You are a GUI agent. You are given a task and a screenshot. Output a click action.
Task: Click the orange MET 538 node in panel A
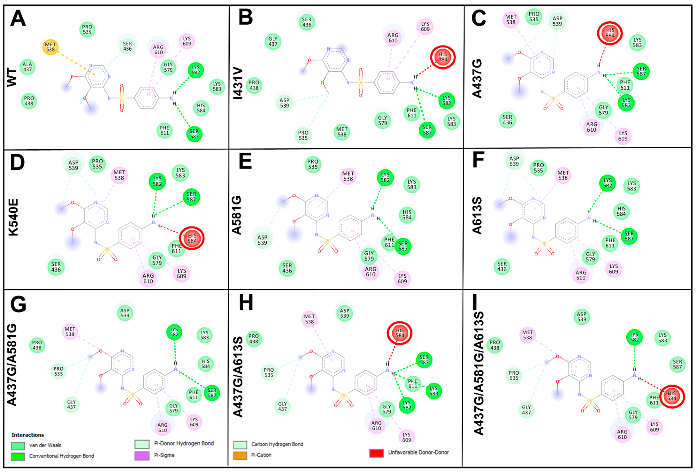(50, 47)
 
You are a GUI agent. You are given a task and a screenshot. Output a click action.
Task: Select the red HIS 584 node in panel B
(443, 57)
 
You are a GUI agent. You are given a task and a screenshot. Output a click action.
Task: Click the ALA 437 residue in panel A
(27, 67)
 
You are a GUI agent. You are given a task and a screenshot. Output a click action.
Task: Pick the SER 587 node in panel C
(641, 71)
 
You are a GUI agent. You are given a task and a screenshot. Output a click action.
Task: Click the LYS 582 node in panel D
(157, 181)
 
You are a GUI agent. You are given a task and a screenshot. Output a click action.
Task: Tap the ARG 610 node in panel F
(581, 275)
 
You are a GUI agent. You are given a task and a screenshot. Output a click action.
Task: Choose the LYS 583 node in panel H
(434, 391)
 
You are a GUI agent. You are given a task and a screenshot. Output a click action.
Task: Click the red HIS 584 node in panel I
(672, 396)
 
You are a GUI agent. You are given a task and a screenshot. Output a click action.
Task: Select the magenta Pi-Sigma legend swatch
(142, 456)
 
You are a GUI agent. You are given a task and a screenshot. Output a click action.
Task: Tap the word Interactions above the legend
(28, 435)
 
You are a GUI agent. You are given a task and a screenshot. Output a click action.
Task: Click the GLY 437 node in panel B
(273, 41)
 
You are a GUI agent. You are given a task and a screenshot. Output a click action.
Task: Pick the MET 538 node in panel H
(309, 319)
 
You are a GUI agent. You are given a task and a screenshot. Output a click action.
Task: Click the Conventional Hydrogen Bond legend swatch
(18, 456)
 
